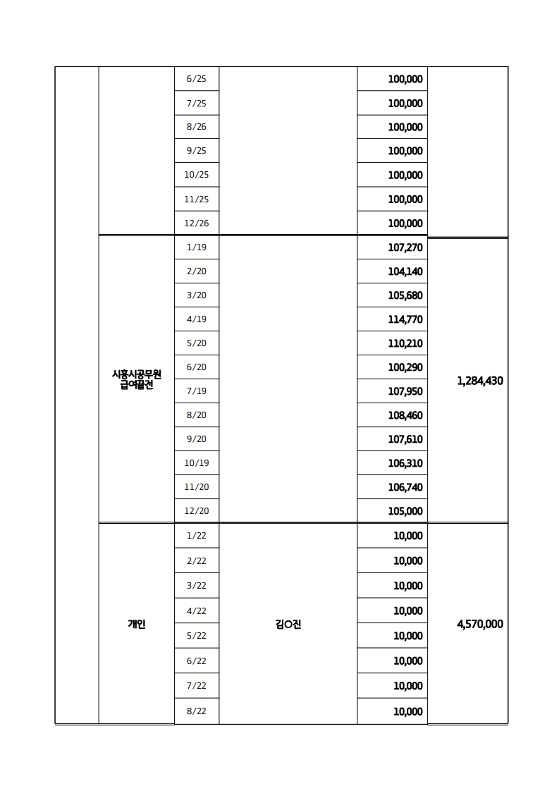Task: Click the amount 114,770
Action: coord(405,319)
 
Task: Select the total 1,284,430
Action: coord(480,381)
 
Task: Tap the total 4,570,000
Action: coord(480,624)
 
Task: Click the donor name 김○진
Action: coord(288,624)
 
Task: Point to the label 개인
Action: coord(137,624)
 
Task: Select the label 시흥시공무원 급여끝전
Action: coord(137,380)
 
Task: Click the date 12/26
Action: coord(197,223)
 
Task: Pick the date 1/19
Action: coord(197,247)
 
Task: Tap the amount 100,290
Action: coord(405,367)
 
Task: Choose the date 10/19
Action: coord(197,463)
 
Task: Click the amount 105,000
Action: coord(405,511)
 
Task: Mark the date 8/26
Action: coord(197,128)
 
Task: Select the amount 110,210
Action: coord(405,343)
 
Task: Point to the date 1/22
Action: coord(197,536)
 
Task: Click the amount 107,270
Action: coord(405,247)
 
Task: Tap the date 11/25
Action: coord(197,200)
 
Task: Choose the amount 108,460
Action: coord(405,415)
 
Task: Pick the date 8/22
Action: coord(197,711)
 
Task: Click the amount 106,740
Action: coord(405,487)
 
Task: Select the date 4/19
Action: coord(197,319)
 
